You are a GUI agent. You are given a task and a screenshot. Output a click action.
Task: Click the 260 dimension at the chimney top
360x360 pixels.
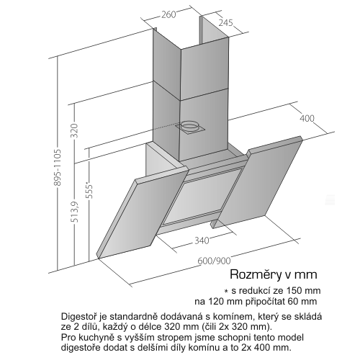[168, 14]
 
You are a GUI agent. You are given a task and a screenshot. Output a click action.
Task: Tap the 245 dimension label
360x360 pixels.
[226, 22]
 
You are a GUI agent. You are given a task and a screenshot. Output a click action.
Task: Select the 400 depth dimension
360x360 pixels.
[307, 118]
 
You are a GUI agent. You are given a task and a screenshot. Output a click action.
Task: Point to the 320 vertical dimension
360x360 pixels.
[76, 130]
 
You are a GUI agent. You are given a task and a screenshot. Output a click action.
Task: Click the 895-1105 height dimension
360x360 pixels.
[58, 168]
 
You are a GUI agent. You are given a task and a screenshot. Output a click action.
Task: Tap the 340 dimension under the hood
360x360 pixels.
[202, 240]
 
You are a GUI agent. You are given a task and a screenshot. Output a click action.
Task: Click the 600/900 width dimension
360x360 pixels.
[214, 261]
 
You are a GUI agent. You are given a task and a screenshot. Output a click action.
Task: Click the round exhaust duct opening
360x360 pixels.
[189, 125]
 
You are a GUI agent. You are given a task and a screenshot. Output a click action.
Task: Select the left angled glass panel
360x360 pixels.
[143, 212]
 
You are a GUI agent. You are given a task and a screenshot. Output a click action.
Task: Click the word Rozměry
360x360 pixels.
[255, 274]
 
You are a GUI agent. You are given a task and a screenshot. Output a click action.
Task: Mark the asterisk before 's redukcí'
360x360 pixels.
[225, 292]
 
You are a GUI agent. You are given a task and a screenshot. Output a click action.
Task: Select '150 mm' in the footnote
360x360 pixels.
[303, 291]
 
